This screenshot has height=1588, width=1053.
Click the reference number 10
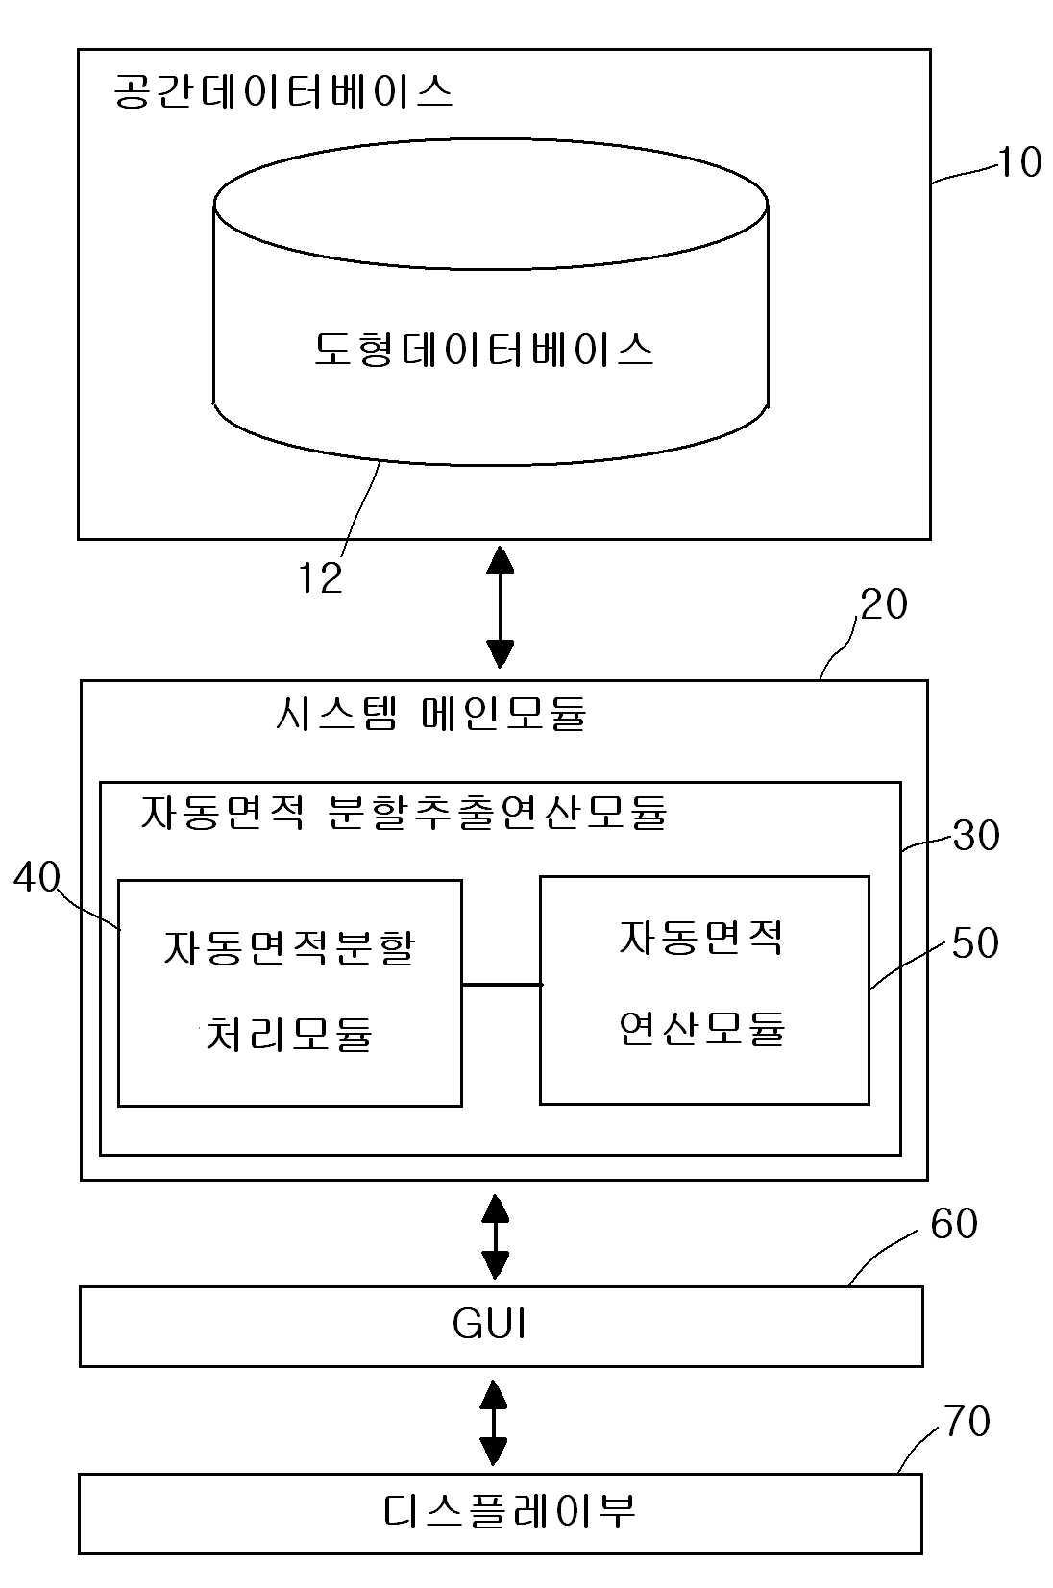(1019, 162)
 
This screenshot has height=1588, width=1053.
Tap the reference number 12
(321, 577)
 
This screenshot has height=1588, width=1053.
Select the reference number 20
(884, 604)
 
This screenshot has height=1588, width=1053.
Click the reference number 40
(37, 877)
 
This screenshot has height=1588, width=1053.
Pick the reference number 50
(975, 942)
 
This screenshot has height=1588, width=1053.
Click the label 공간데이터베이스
(282, 91)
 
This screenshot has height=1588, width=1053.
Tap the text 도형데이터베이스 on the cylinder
(483, 350)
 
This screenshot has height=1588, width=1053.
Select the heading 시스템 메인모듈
(431, 713)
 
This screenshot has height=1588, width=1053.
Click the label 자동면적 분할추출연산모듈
(404, 812)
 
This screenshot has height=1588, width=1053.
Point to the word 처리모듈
(289, 1034)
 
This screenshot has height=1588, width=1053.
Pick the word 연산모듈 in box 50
(702, 1028)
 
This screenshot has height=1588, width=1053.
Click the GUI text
(490, 1324)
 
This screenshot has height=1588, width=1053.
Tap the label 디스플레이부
(509, 1512)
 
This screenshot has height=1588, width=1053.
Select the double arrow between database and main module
(501, 607)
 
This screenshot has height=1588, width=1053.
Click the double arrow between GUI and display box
(494, 1424)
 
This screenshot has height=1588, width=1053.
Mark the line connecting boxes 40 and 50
(502, 984)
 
